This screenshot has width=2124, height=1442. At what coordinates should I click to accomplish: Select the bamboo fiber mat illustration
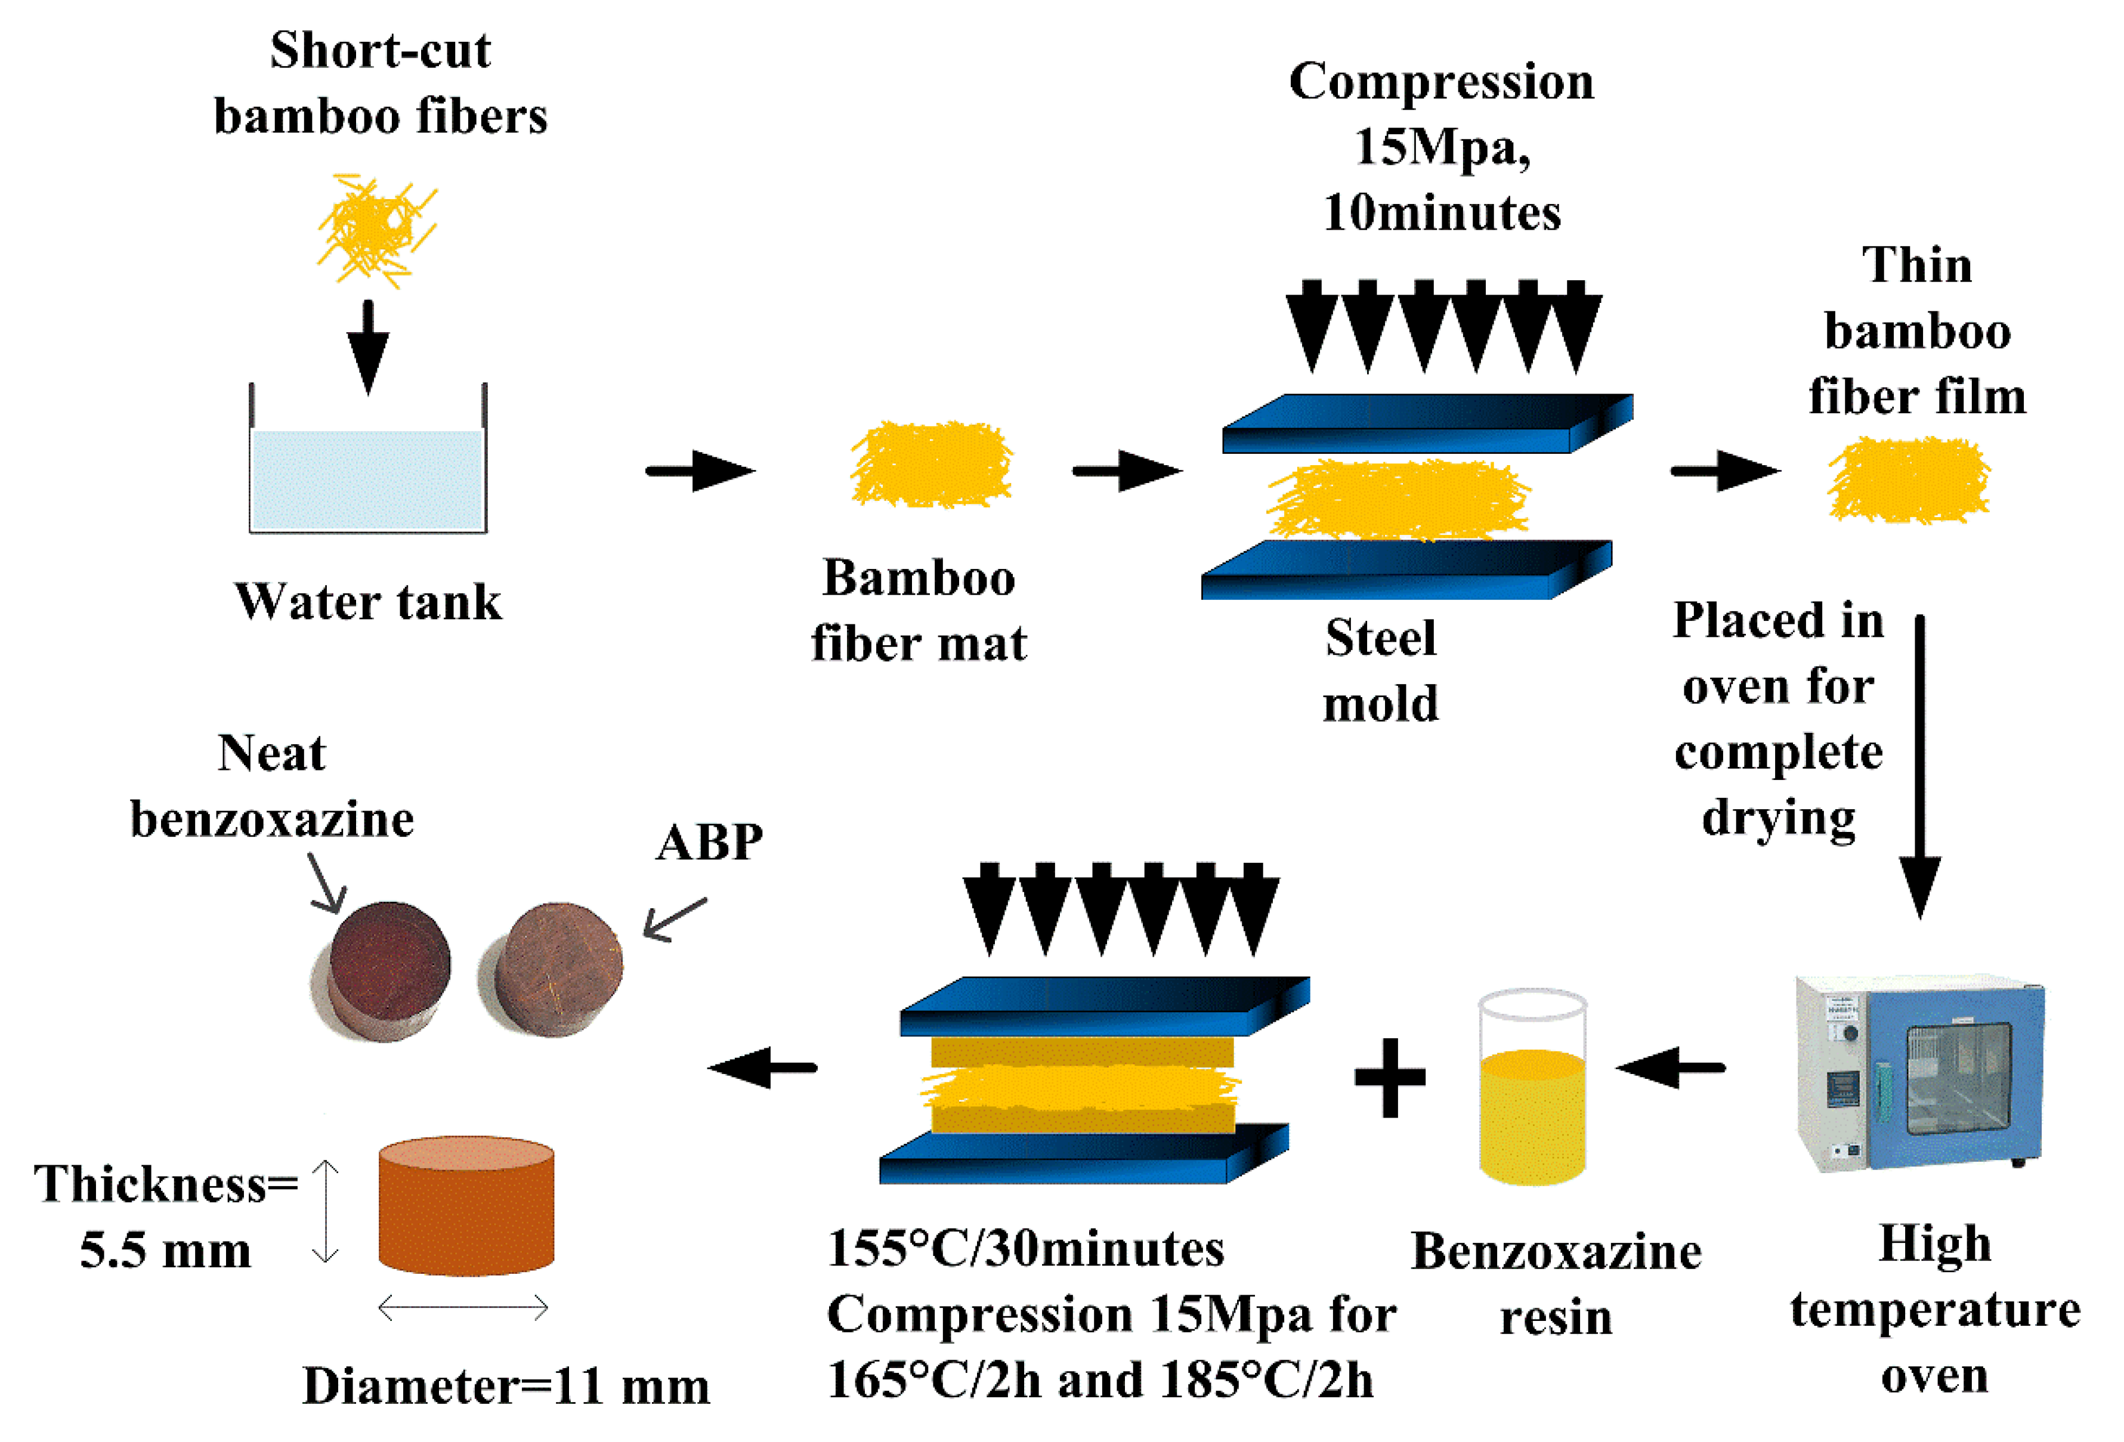coord(930,464)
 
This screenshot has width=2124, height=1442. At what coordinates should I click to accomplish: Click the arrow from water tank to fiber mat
coord(699,471)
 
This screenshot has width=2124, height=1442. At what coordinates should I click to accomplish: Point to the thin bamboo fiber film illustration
coord(1908,479)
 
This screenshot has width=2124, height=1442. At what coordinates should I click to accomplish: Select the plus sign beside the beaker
coord(1389,1078)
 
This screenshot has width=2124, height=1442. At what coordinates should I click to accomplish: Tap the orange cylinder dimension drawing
coord(466,1206)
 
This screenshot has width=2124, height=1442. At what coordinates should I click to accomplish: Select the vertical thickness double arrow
coord(325,1211)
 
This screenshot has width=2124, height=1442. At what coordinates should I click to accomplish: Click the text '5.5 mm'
coord(165,1250)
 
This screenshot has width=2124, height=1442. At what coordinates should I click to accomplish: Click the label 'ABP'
coord(709,843)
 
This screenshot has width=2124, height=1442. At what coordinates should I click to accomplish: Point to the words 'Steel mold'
coord(1380,670)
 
